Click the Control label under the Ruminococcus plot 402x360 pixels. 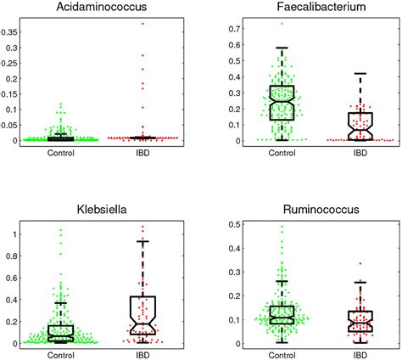pos(281,355)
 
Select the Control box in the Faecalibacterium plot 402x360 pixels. pos(281,102)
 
